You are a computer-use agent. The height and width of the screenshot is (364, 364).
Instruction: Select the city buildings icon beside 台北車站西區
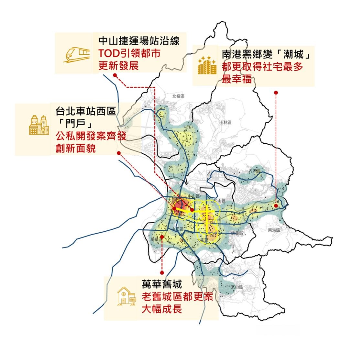(x=39, y=125)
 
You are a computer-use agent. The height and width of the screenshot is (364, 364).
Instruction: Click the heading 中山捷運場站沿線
(x=139, y=41)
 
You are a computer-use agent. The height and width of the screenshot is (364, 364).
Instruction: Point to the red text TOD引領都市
(x=129, y=53)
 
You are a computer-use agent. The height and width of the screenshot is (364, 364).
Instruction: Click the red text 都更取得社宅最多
(x=262, y=67)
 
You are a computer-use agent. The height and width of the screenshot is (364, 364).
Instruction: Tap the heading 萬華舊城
(x=162, y=284)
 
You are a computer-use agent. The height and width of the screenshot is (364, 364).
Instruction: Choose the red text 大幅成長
(x=162, y=309)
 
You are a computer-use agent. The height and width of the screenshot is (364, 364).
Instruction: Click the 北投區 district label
(x=178, y=96)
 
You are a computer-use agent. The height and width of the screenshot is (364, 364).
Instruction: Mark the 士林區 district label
(x=226, y=123)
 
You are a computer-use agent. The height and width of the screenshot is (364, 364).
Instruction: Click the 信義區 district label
(x=237, y=233)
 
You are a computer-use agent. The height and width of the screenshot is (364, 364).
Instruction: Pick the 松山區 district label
(x=220, y=201)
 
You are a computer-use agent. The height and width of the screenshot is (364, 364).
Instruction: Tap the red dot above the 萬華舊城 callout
(x=162, y=273)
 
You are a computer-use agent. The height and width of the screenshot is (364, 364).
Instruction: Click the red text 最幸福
(x=237, y=79)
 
